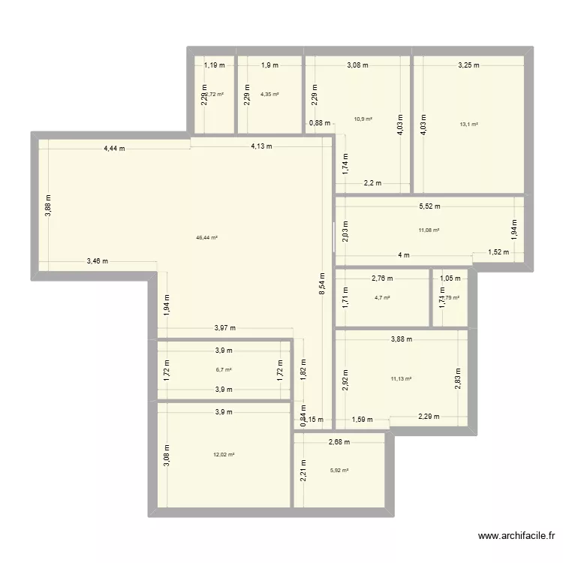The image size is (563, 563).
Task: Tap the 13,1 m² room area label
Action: (470, 125)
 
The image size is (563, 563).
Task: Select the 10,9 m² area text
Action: (363, 119)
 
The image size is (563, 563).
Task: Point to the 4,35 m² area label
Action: (269, 94)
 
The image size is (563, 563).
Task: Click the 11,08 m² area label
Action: (429, 230)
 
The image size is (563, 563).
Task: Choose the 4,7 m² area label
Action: (383, 298)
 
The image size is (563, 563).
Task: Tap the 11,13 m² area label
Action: (402, 379)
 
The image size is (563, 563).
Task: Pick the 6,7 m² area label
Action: (224, 369)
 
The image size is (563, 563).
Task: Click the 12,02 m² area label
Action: (224, 454)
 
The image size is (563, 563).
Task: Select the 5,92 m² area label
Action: (339, 471)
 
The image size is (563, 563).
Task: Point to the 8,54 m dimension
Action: (322, 285)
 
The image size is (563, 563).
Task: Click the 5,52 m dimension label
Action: (429, 206)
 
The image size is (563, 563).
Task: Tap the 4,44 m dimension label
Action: (114, 149)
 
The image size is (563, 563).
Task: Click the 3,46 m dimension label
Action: (97, 261)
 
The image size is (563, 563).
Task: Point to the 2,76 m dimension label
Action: (382, 278)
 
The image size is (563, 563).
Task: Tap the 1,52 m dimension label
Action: (496, 253)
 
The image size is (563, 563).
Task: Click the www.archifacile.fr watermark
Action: (516, 536)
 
